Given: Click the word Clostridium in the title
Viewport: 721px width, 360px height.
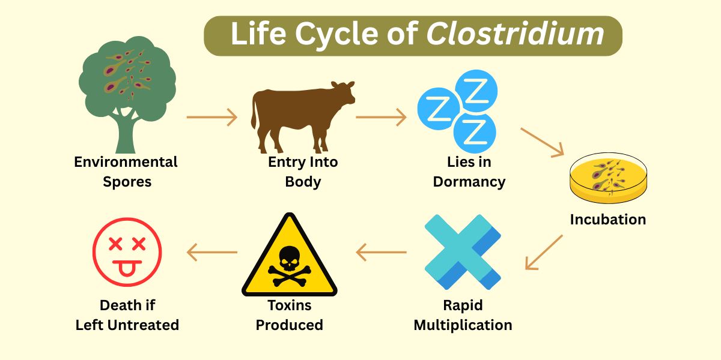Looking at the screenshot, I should coord(515,34).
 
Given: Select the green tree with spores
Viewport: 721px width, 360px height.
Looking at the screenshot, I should coord(127,90).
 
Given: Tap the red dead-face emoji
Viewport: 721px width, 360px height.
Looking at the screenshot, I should coord(127,253).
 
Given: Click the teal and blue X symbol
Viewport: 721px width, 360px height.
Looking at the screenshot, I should coord(463,252).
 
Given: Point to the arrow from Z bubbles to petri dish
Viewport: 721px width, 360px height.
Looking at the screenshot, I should coord(543,142).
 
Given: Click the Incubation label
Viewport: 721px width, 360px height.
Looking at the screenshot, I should coord(607,220).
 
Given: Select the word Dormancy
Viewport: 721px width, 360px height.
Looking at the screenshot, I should coord(469,181).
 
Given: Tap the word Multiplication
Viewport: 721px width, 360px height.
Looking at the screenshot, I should coord(463,325).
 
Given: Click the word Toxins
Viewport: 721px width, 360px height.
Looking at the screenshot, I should coord(290,305).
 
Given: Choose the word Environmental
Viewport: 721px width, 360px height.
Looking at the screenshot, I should coord(126,162).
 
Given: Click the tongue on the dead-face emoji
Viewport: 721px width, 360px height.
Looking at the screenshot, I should coord(127,269).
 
